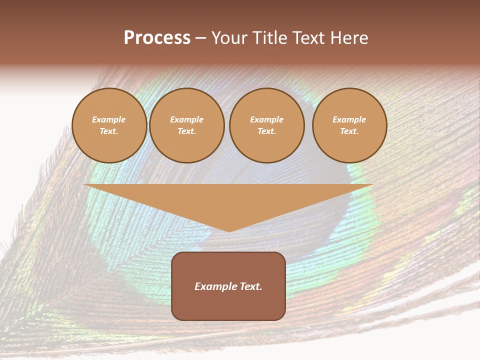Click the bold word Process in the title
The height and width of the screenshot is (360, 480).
click(157, 38)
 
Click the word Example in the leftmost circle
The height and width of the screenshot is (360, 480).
click(109, 119)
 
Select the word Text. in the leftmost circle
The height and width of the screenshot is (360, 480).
click(109, 131)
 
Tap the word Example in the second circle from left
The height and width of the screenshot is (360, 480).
click(186, 119)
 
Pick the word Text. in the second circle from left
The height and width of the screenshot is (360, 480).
click(186, 131)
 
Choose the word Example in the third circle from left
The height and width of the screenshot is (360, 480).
click(266, 119)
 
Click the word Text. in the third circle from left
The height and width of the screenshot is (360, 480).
click(266, 131)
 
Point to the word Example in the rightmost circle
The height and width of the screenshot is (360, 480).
click(349, 119)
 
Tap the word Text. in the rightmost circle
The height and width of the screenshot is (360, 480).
click(349, 131)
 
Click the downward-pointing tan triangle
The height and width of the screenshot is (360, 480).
click(228, 200)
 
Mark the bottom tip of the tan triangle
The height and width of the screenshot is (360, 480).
click(229, 230)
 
